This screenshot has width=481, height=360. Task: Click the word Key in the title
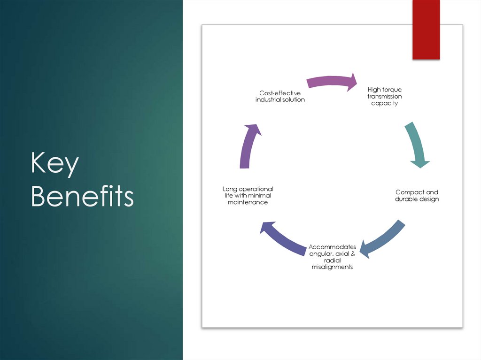point(54,164)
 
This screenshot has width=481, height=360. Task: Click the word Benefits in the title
point(82,196)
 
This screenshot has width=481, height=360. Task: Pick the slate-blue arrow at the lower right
point(385,238)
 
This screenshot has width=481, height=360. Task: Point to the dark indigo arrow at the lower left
point(283,238)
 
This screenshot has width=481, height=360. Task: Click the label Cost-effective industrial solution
point(280,96)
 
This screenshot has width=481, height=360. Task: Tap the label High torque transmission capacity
point(384,96)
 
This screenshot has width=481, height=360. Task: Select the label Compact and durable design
point(417,196)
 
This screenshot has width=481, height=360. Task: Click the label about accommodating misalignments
point(332,257)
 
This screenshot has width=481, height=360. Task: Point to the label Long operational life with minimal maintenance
point(248,195)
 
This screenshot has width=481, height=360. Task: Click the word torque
point(392,90)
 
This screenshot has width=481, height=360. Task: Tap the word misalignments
point(332,267)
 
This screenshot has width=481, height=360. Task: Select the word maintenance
point(248,202)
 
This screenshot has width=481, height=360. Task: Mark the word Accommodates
point(332,247)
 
